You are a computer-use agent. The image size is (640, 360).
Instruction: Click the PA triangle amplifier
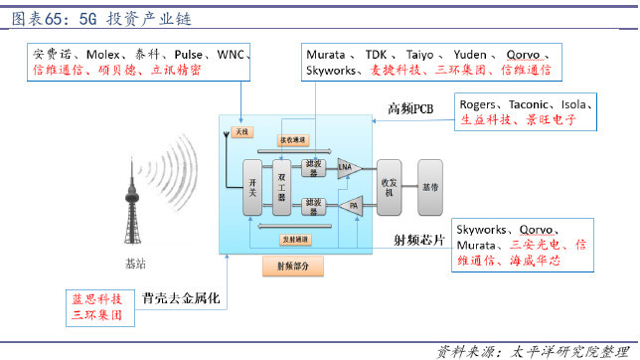[x=349, y=206]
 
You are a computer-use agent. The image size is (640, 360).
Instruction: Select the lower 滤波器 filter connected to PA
[x=313, y=206]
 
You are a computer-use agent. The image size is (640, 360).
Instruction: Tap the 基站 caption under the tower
[x=135, y=266]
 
